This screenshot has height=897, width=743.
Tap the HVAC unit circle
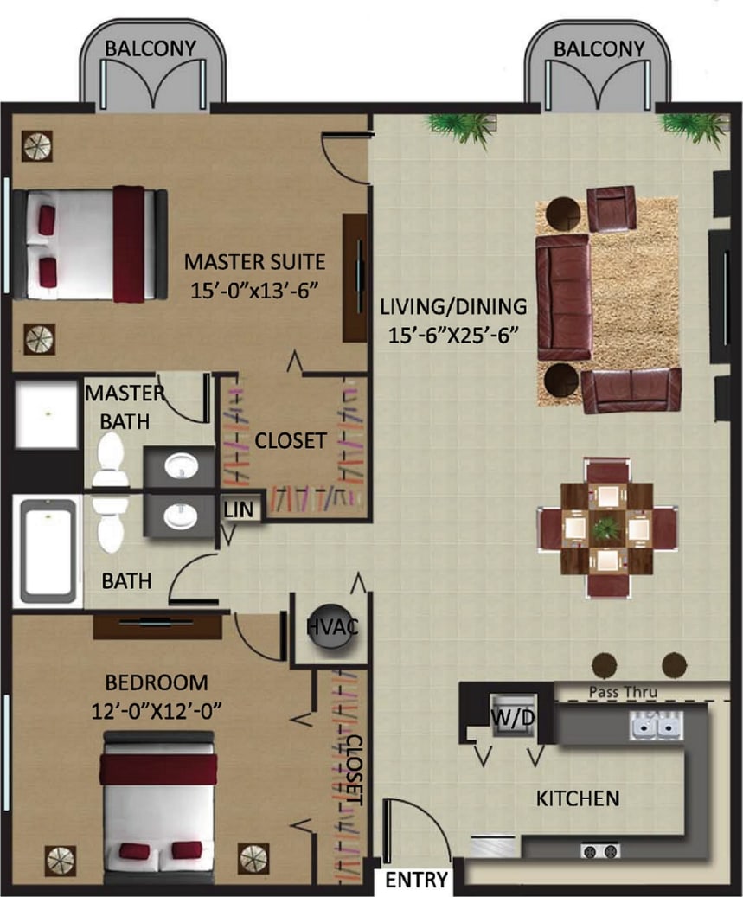pos(330,626)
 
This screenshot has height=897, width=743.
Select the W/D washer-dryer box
pos(505,717)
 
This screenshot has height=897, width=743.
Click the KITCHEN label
pos(578,798)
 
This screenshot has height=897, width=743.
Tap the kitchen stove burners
pos(599,850)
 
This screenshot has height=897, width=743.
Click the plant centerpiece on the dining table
pos(607,525)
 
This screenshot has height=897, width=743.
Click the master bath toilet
pos(110,459)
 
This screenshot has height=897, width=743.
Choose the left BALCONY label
pos(151,48)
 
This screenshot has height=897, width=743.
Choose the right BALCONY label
pos(599,48)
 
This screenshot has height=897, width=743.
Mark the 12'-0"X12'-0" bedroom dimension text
pos(157,711)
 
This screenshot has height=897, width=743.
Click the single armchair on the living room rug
pos(612,208)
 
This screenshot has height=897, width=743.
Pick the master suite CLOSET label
pos(291,441)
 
